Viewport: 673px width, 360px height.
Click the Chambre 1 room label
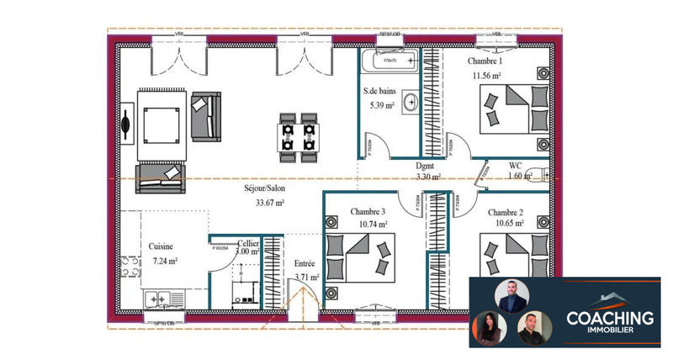[485, 61]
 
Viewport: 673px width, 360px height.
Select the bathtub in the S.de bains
[388, 61]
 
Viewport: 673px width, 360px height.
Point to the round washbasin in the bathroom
[411, 103]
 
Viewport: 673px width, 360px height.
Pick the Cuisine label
[162, 246]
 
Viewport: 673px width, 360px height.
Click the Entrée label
[305, 262]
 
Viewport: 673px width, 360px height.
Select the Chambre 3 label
[368, 211]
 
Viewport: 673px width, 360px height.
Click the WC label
[517, 165]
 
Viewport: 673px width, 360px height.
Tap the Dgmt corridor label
[426, 167]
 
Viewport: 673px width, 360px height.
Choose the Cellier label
[247, 242]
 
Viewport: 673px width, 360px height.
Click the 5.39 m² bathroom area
[382, 105]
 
